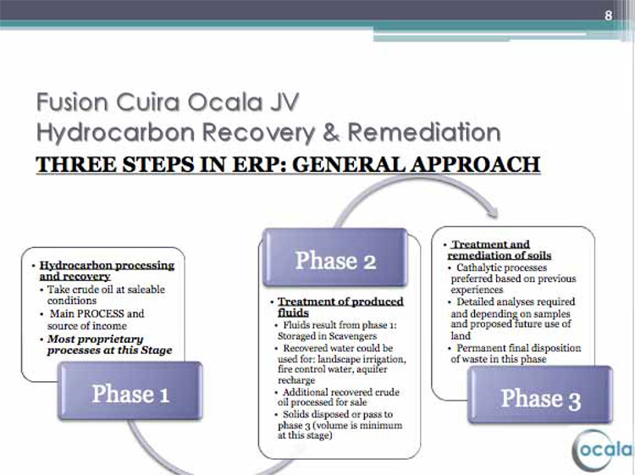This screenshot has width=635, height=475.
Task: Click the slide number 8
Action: click(608, 15)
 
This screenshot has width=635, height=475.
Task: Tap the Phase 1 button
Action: click(130, 391)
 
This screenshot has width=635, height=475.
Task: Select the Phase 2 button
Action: click(335, 257)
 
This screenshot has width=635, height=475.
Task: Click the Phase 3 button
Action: click(540, 395)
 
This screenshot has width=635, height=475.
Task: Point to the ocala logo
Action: click(603, 450)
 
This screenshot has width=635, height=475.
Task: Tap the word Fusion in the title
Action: click(72, 102)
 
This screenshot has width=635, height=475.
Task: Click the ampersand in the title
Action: click(331, 133)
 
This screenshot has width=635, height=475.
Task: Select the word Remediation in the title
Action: click(424, 132)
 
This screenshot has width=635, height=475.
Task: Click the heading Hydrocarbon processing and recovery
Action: click(107, 271)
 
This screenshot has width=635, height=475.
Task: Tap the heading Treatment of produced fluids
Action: click(340, 307)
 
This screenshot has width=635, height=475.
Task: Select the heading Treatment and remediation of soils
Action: click(500, 250)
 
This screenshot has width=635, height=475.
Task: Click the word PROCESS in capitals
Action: click(101, 314)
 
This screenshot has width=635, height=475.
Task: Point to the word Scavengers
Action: click(352, 336)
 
